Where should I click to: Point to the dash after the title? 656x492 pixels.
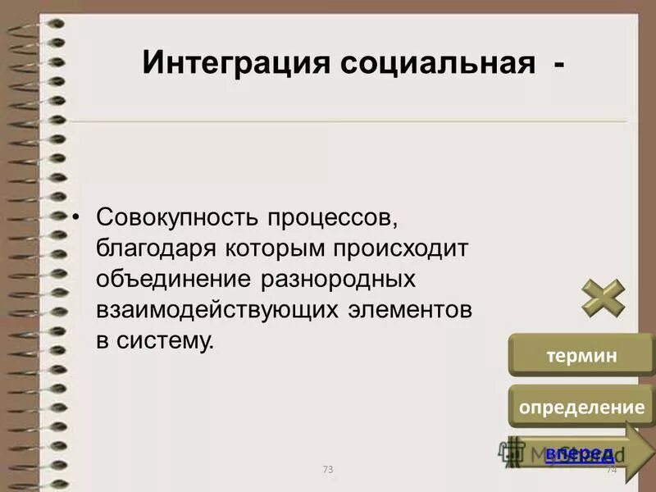click(558, 64)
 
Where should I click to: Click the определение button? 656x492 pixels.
click(581, 407)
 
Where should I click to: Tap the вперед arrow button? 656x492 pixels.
click(581, 451)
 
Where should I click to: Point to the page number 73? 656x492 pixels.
click(328, 470)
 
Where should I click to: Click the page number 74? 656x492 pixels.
click(611, 470)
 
